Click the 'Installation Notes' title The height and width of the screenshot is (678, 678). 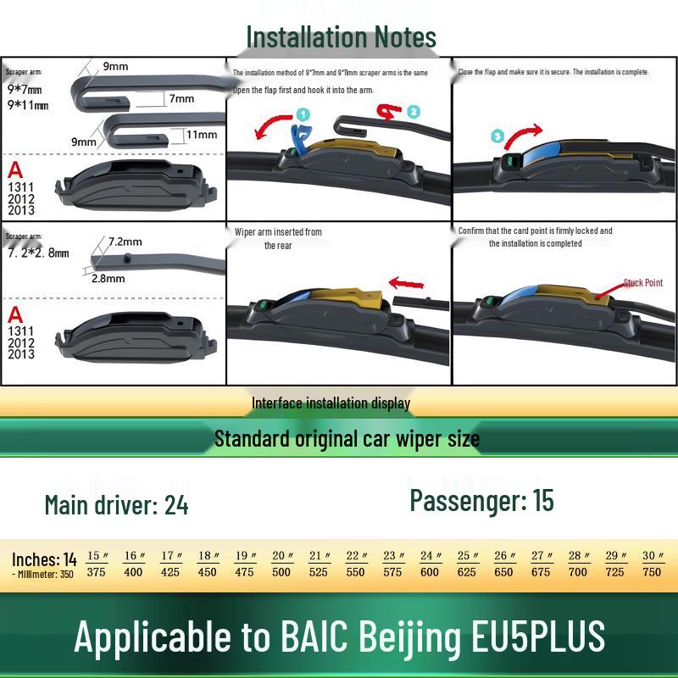[341, 37]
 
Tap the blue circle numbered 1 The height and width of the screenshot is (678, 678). [303, 114]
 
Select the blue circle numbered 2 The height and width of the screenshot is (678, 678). [413, 111]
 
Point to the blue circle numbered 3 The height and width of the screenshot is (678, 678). [497, 136]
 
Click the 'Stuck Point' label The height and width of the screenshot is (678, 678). [642, 282]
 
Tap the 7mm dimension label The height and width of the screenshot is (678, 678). [181, 99]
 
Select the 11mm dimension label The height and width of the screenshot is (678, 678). [201, 134]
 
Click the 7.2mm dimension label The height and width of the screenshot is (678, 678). [125, 242]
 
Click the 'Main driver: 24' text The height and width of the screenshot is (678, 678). [116, 505]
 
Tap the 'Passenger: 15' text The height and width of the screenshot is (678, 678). [481, 500]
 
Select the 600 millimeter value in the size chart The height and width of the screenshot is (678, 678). [430, 572]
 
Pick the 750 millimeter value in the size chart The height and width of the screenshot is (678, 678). [652, 572]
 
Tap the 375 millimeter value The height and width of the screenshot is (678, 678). [96, 572]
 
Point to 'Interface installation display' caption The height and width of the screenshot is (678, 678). [331, 403]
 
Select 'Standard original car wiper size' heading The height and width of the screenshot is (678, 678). [347, 439]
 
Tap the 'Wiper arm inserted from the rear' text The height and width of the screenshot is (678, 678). [279, 238]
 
